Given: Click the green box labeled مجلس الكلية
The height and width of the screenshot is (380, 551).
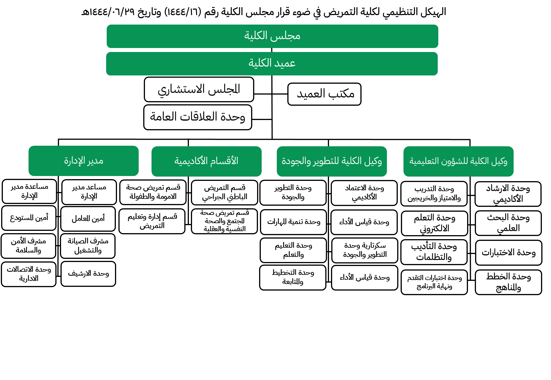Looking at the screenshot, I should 272,36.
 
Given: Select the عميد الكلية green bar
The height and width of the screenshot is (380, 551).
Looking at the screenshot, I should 272,64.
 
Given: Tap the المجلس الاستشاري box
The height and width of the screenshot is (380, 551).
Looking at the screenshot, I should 199,89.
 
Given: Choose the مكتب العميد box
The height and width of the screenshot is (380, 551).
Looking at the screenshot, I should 324,94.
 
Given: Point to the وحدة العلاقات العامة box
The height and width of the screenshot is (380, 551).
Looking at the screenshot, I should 198,117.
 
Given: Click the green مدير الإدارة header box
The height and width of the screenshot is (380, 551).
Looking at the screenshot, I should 84,161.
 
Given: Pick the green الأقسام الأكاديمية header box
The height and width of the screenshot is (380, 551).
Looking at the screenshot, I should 206,161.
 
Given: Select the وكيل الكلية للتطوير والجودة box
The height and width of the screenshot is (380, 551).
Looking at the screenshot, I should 332,161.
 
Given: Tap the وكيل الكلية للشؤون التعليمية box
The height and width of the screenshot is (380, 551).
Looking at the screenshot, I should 458,161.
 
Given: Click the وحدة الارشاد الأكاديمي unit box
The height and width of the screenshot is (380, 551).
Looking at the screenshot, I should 508,194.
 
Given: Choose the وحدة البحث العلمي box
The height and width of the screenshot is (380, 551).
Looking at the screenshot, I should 508,223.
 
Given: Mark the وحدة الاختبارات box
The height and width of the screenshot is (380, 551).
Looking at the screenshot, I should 508,253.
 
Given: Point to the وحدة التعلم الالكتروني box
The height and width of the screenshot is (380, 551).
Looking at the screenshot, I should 434,223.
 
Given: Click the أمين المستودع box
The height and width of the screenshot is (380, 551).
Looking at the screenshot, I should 29,218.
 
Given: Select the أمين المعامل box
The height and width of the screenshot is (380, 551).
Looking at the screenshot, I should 88,219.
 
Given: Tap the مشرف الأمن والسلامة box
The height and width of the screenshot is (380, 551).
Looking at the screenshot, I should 29,246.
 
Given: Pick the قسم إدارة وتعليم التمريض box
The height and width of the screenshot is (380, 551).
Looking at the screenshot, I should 152,221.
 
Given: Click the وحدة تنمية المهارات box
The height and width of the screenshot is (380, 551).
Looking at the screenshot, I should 293,222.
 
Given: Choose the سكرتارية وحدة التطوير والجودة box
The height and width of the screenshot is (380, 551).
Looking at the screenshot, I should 365,250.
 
